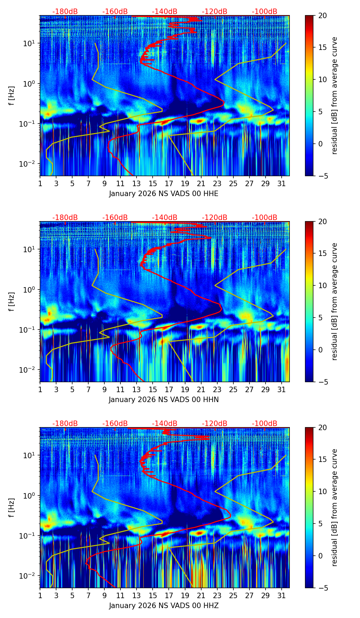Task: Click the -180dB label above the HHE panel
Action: pos(65,12)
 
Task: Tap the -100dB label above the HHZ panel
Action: pos(265,424)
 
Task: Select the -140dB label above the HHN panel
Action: pos(165,218)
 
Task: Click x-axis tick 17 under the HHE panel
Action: pos(169,183)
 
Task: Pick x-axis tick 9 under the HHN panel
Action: pos(104,389)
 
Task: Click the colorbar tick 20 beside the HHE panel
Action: pos(322,16)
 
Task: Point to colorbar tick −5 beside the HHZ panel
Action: pos(322,588)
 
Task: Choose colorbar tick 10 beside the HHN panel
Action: pos(322,285)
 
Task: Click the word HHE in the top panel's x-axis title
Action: pos(211,194)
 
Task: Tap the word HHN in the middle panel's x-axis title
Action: pos(211,400)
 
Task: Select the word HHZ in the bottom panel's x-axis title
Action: pos(211,606)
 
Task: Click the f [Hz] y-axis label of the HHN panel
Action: pos(12,301)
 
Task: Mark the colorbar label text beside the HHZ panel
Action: pos(335,507)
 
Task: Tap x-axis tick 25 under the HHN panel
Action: pos(233,389)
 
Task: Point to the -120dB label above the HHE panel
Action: pos(215,12)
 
